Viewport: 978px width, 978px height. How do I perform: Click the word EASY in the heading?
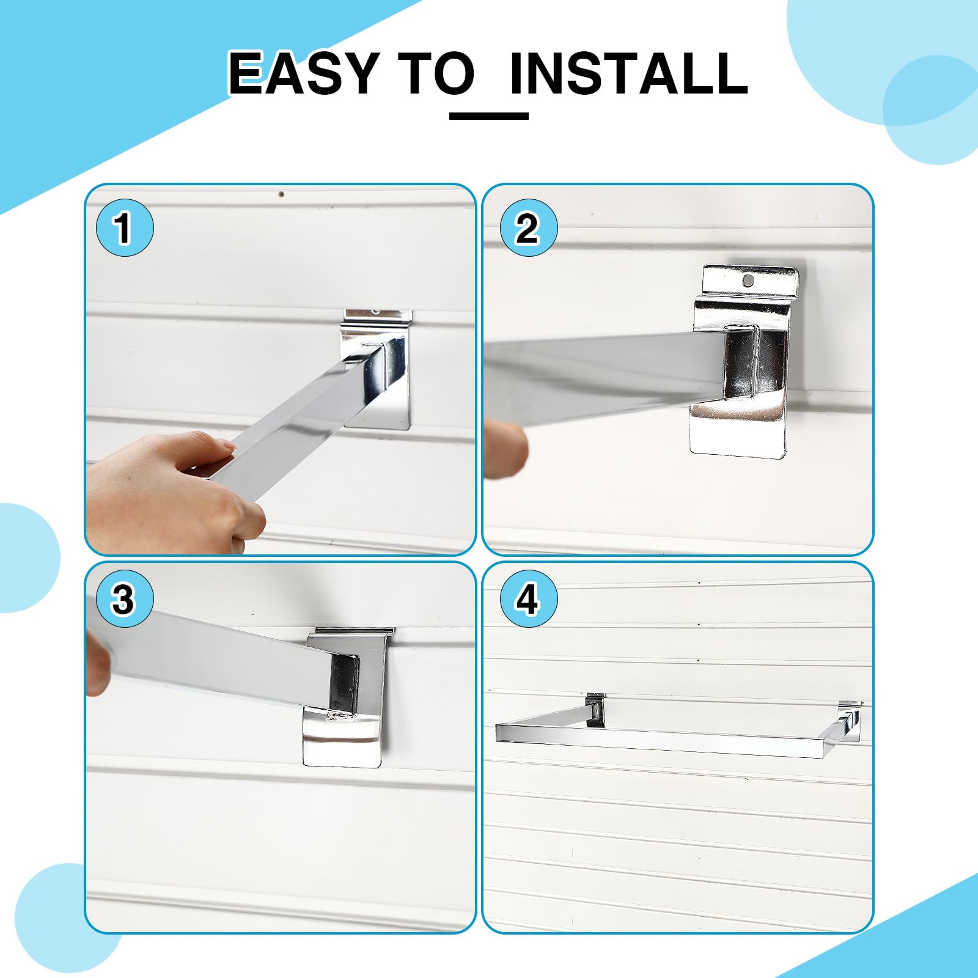tap(303, 73)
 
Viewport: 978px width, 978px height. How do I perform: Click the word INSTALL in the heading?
tap(629, 73)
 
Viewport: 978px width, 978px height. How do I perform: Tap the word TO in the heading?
tap(436, 73)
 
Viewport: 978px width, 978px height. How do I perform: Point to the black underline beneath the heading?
tap(488, 116)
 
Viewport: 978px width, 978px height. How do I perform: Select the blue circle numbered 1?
tap(125, 228)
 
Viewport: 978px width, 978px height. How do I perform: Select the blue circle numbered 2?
tap(528, 228)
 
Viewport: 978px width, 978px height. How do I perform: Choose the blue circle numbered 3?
tap(125, 599)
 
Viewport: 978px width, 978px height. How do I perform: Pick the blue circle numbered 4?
tap(528, 599)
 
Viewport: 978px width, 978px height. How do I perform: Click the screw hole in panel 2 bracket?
tap(748, 281)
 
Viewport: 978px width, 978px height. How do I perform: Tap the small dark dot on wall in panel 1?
tap(281, 195)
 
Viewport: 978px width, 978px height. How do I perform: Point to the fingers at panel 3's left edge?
tap(98, 663)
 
